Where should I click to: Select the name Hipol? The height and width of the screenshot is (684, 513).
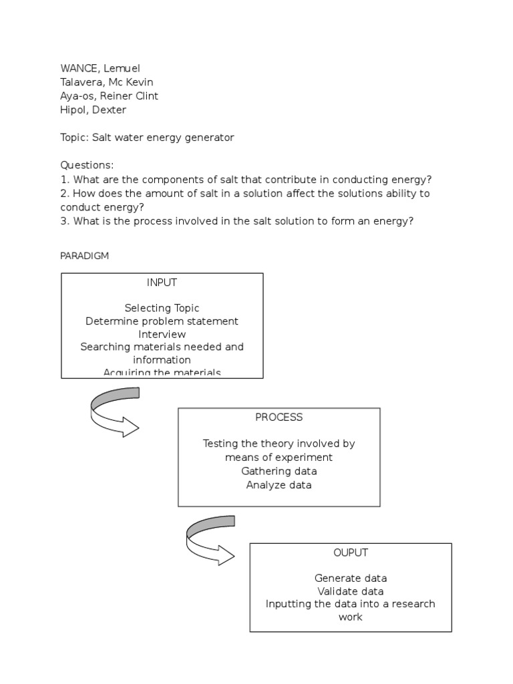(73, 110)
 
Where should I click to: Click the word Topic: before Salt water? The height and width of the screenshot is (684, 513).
(75, 138)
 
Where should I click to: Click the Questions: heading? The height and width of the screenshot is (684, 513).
(87, 165)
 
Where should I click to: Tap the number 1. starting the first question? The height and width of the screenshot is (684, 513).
(65, 179)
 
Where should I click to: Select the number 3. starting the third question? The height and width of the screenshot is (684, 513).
(65, 220)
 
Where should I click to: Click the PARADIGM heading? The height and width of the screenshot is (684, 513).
(84, 256)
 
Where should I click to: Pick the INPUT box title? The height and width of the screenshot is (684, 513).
(162, 283)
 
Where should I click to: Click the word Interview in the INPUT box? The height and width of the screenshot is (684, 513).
(162, 334)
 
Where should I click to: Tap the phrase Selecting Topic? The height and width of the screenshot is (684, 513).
(162, 308)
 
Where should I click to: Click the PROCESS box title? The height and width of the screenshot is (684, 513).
(279, 417)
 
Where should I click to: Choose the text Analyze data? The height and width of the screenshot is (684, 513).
(279, 485)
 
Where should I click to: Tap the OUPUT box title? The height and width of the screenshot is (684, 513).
(351, 552)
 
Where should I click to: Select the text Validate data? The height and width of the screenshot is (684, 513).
(351, 591)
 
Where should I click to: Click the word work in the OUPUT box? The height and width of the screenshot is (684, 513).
(351, 617)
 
